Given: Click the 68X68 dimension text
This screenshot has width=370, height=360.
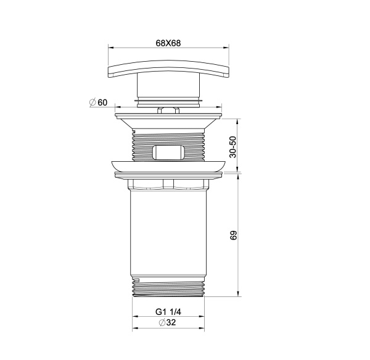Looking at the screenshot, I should [x=168, y=43].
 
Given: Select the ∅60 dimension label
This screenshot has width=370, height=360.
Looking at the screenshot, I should [x=99, y=102].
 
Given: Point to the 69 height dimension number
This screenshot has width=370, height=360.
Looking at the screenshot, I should [x=232, y=236].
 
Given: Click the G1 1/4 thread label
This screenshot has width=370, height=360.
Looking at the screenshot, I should [x=168, y=312].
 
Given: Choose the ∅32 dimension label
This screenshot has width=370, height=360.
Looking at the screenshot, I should [x=168, y=324].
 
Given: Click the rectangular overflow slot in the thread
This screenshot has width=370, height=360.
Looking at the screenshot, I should [x=168, y=152].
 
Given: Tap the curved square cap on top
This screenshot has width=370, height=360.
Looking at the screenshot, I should [x=168, y=69].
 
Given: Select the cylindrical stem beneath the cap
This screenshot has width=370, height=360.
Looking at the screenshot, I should [x=168, y=90].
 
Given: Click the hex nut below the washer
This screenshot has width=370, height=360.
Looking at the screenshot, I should [x=168, y=183].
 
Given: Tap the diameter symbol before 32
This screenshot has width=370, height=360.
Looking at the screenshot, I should [x=161, y=324].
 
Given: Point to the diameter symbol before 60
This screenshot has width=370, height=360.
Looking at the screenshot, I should [x=92, y=102].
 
